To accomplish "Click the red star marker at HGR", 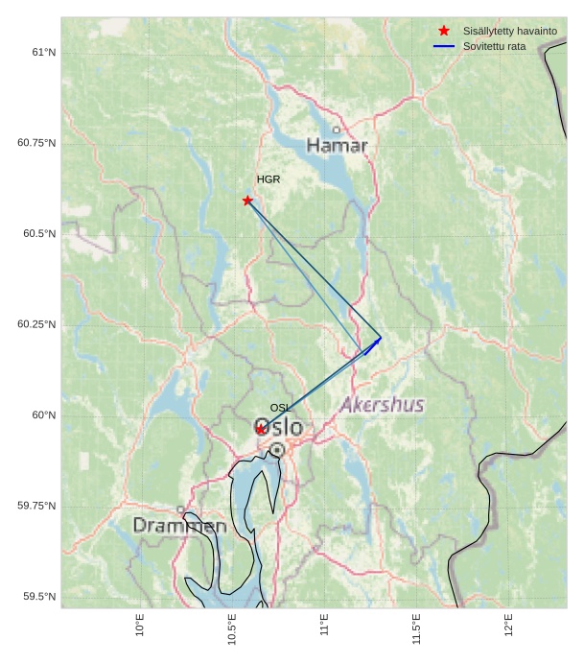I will (x=247, y=201).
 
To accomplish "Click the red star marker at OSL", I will (x=260, y=430).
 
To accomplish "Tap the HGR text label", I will (x=269, y=179).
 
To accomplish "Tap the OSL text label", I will (x=281, y=409).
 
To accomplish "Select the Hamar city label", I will (x=337, y=146).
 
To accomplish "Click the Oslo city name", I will (x=279, y=427).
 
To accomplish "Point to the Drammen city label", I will (x=179, y=526).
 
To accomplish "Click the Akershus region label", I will (x=382, y=405).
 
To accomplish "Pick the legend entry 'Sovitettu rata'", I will (x=494, y=46).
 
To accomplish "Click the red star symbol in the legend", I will (x=443, y=32).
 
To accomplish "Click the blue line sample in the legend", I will (x=443, y=46).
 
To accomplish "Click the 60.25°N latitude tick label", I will (x=36, y=324).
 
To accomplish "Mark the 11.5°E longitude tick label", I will (x=416, y=629).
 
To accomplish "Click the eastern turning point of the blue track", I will (x=381, y=337).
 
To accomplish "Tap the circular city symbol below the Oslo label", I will (x=277, y=449).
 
